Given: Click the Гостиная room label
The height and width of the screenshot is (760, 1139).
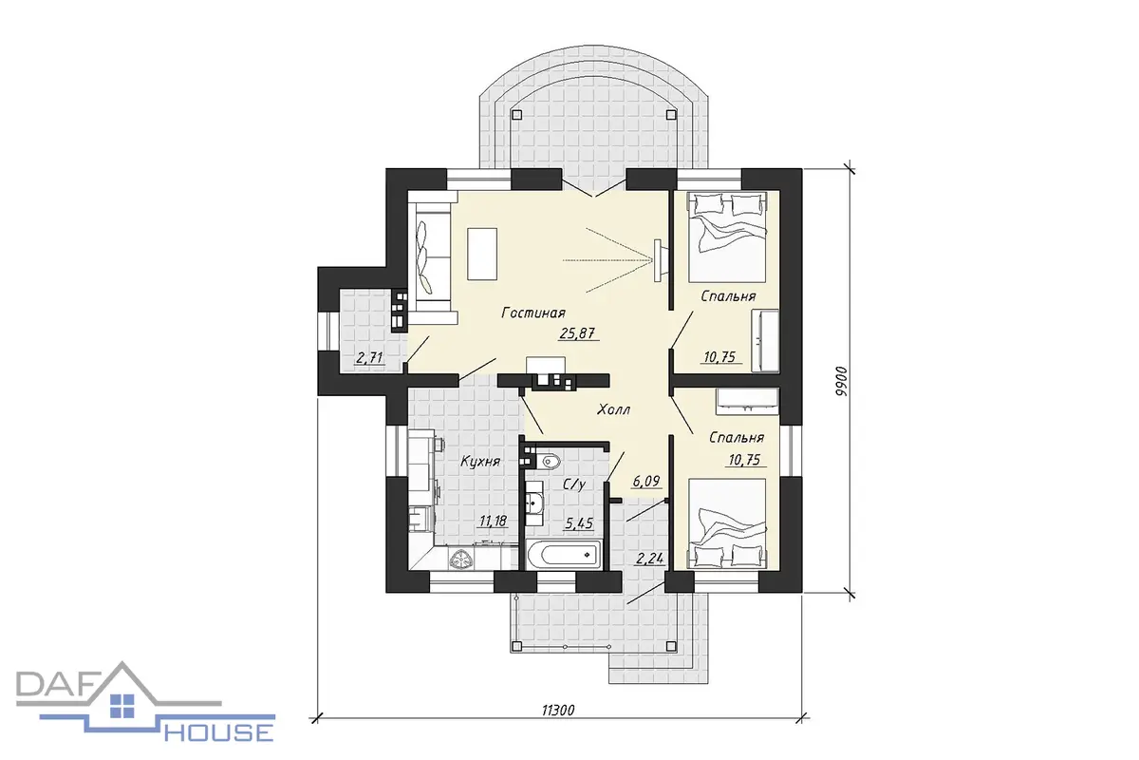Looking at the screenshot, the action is pyautogui.click(x=533, y=312).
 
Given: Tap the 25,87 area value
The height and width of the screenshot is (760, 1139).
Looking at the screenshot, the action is pyautogui.click(x=577, y=333).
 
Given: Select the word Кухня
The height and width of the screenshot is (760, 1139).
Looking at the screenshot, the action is pyautogui.click(x=480, y=461).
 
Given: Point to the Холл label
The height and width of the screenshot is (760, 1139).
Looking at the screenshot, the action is pyautogui.click(x=614, y=409).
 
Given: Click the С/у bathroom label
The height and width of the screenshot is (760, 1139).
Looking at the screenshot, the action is pyautogui.click(x=574, y=484).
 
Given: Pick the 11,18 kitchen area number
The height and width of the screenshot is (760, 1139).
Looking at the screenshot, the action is pyautogui.click(x=494, y=521).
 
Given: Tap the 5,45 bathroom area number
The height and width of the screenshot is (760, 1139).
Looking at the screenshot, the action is pyautogui.click(x=579, y=522).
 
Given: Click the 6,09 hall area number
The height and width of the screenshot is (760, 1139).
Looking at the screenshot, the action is pyautogui.click(x=646, y=481).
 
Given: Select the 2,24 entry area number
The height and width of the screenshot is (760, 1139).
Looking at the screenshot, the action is pyautogui.click(x=650, y=559).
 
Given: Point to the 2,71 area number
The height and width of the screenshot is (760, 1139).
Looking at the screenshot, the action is pyautogui.click(x=369, y=358).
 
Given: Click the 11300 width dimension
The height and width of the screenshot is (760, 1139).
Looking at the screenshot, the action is pyautogui.click(x=558, y=710).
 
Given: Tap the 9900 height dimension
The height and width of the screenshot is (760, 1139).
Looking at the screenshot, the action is pyautogui.click(x=841, y=381).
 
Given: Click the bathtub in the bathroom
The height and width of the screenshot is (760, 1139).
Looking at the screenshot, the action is pyautogui.click(x=564, y=555).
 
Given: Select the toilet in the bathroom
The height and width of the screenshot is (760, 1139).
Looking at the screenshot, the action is pyautogui.click(x=549, y=462).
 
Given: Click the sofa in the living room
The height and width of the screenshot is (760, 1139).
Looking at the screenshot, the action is pyautogui.click(x=431, y=258).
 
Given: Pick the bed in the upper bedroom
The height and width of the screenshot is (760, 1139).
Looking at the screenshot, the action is pyautogui.click(x=727, y=237).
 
